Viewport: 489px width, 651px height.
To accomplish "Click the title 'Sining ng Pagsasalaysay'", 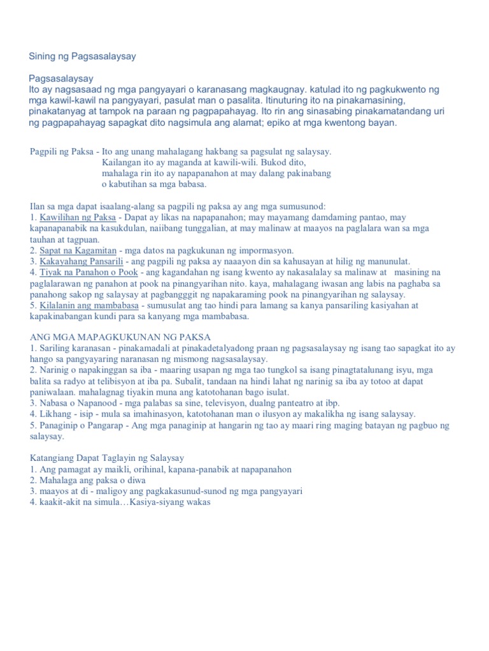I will (82, 57).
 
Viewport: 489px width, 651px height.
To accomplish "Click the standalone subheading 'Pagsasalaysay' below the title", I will (61, 79).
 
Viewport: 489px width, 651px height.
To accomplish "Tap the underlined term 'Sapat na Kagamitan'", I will (73, 250).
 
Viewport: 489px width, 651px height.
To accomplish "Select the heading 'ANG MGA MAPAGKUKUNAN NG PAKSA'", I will (120, 336).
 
